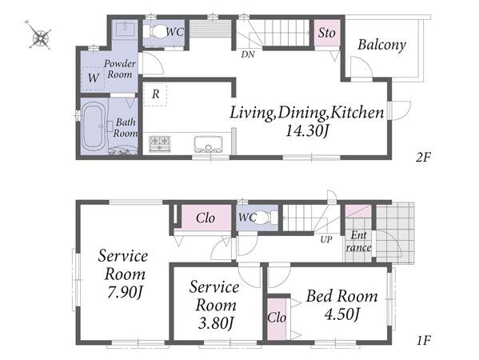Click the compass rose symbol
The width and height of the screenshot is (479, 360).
[40, 35]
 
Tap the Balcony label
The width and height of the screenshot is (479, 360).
[381, 45]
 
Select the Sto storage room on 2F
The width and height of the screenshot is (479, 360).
[327, 33]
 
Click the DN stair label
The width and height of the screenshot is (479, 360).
[248, 54]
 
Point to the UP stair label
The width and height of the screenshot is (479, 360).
[326, 239]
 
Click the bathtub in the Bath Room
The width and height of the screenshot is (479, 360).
[94, 126]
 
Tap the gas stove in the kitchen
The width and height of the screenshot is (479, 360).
[159, 144]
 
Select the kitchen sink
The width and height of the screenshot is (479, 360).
[209, 144]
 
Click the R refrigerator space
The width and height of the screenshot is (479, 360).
[155, 94]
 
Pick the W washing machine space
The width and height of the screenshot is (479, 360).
[94, 78]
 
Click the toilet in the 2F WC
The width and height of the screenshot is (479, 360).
[158, 32]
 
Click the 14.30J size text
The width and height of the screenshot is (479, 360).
[307, 131]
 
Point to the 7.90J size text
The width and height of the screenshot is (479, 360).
[125, 293]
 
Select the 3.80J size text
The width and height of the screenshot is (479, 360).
[216, 323]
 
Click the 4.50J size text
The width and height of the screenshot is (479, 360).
[341, 314]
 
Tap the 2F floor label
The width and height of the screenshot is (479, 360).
[423, 158]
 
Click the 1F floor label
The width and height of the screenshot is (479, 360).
[424, 341]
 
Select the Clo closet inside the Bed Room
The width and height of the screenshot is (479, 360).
[277, 318]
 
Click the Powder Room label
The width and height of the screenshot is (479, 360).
[120, 69]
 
